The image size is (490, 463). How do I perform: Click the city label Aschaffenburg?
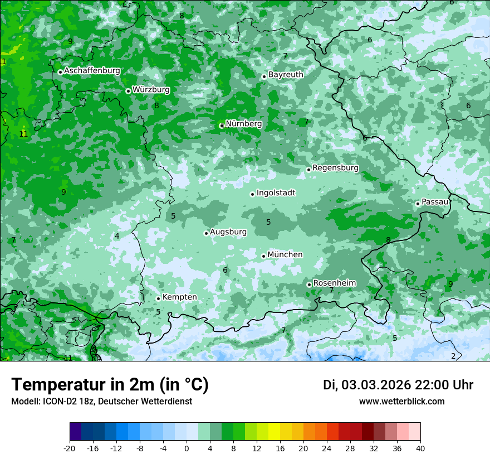click(92, 71)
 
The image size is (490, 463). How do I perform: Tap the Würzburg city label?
click(151, 90)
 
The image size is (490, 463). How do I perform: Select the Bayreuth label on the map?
click(286, 75)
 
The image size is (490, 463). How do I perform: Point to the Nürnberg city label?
click(243, 124)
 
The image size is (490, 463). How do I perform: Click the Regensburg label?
click(335, 168)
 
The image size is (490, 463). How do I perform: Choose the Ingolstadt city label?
click(276, 193)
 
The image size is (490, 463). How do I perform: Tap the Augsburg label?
click(228, 232)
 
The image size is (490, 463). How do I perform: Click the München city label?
click(285, 255)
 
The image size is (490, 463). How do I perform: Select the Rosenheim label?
click(334, 283)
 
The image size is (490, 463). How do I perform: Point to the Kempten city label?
click(179, 297)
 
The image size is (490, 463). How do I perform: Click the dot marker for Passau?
click(418, 204)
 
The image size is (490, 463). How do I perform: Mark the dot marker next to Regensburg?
click(308, 170)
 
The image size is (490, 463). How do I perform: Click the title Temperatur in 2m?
click(110, 385)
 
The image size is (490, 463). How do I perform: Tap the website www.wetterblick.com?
click(401, 402)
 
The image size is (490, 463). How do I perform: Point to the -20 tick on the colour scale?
click(70, 448)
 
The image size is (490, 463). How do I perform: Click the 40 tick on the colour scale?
click(420, 448)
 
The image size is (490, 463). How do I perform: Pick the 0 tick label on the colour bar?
click(187, 448)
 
